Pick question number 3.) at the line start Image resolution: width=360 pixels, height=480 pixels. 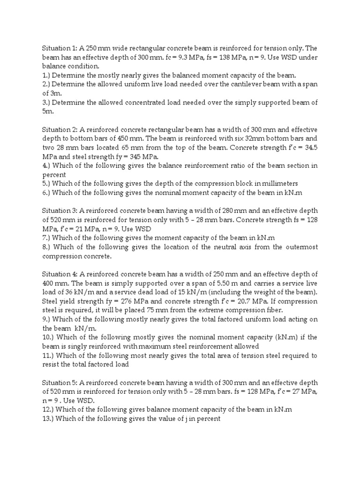coord(46,103)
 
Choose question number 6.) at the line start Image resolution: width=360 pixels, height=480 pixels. coord(46,192)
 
